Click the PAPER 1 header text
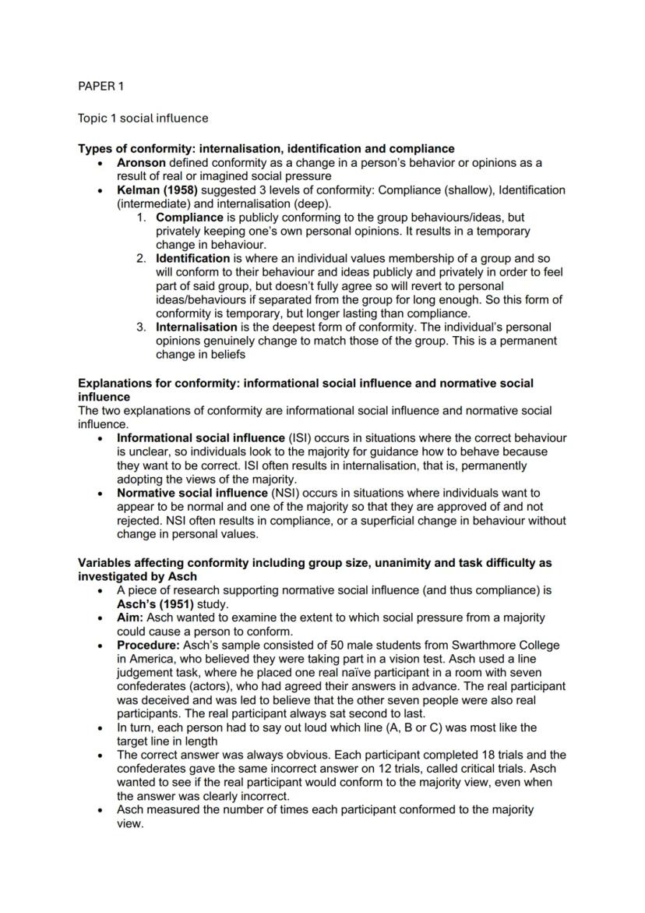point(100,86)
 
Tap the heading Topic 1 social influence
point(143,119)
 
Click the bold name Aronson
point(141,163)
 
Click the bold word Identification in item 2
point(192,258)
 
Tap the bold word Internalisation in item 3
point(196,327)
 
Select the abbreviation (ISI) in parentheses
point(303,438)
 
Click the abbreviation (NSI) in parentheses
point(285,493)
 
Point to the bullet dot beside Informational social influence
point(101,438)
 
